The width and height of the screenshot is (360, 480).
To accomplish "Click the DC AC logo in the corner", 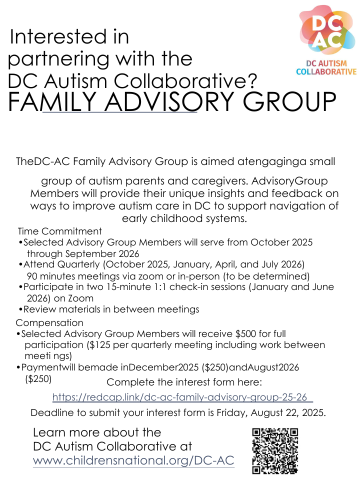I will (x=327, y=32).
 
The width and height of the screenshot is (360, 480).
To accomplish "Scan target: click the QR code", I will (x=275, y=450).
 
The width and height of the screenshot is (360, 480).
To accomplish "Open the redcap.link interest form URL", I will (x=182, y=397).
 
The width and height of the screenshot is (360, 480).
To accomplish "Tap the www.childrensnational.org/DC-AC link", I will (x=133, y=460).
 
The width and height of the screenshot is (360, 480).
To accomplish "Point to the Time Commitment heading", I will (x=59, y=231).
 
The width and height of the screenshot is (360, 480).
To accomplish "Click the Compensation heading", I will (x=49, y=322).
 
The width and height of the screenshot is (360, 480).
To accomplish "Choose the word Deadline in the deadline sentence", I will (x=51, y=413).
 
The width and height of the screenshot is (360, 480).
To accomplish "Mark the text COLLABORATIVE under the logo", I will (x=326, y=72).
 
